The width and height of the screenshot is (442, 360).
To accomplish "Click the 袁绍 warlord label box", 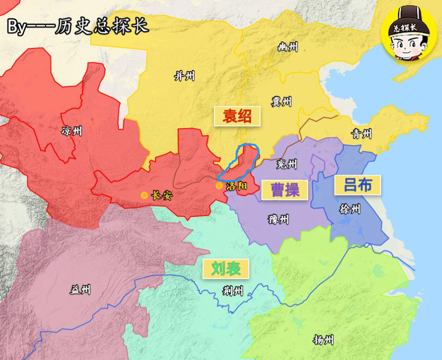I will [237, 116].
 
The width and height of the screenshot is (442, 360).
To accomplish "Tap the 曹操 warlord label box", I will [285, 190].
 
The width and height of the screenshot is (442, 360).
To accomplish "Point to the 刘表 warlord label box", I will [226, 268].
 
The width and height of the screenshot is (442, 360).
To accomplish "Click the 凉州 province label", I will [72, 132].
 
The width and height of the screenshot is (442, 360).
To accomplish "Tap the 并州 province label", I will [185, 76].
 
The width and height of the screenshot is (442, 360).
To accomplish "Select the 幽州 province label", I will [288, 46].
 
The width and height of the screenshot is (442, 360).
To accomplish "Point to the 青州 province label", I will [361, 134].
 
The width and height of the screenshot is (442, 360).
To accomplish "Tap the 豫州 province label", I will [278, 220].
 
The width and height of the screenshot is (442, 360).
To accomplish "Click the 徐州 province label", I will [350, 209].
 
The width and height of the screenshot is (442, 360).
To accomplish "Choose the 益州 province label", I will [80, 289].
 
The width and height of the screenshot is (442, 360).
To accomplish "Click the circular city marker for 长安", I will [144, 195].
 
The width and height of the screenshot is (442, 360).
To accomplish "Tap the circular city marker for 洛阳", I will [219, 185].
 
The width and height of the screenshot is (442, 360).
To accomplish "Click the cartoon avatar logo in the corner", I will [409, 32].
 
